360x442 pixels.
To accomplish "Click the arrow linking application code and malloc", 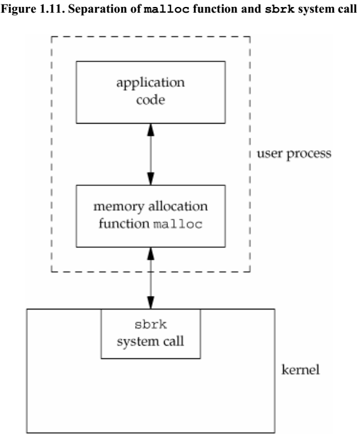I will pos(150,154).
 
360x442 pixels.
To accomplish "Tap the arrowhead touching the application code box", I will pos(150,129).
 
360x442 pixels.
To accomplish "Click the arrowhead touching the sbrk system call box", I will pos(150,303).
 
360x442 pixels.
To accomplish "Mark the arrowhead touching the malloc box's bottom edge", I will pos(150,253).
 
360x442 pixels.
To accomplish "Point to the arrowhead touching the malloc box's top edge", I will pos(150,180).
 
